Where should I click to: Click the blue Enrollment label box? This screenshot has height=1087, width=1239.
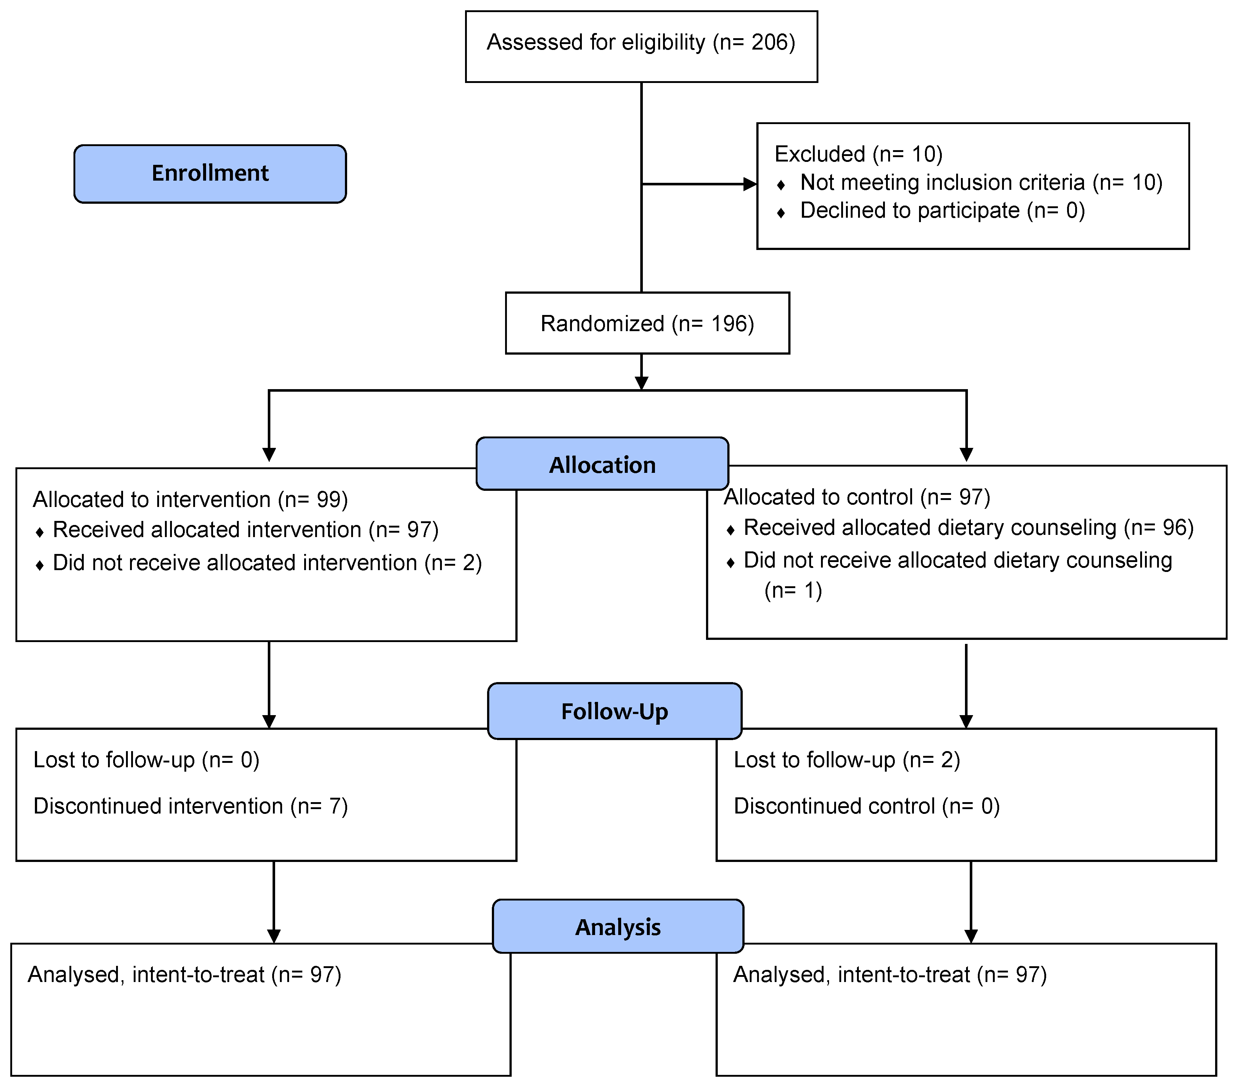tap(210, 173)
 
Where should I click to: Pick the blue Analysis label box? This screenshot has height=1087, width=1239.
tap(618, 927)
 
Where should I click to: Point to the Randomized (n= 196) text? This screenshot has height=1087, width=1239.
tap(647, 323)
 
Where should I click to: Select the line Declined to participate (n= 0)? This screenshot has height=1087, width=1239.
tap(942, 211)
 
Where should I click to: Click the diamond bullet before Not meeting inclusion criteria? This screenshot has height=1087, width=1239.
tap(781, 185)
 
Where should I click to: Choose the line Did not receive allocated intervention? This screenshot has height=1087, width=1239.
tap(267, 563)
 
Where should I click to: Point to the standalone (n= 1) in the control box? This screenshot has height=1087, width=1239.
tap(793, 590)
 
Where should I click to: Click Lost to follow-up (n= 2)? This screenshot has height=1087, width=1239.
tap(846, 760)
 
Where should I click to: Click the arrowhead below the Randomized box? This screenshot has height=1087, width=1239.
tap(641, 383)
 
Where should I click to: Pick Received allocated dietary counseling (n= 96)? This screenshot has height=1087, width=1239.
tap(968, 528)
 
